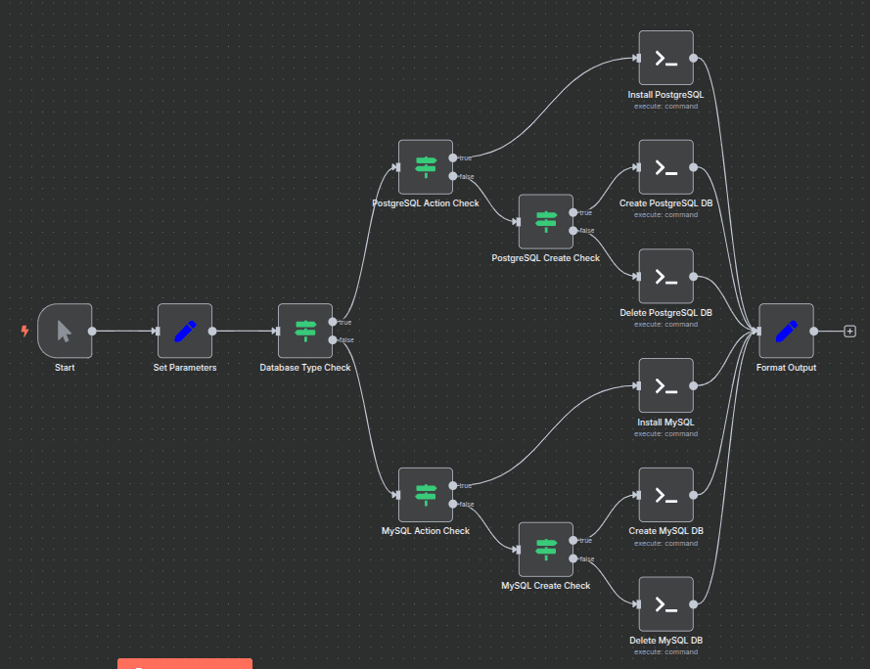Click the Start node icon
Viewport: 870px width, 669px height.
coord(65,331)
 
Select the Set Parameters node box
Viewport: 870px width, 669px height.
coord(185,331)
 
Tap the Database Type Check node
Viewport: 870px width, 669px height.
coord(305,331)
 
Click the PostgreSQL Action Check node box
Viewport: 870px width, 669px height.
coord(426,166)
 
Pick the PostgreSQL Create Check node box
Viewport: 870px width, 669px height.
coord(546,221)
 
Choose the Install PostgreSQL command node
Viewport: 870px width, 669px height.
coord(665,58)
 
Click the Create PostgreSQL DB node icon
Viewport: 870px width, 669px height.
coord(665,167)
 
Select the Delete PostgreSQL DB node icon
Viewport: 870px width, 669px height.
coord(665,276)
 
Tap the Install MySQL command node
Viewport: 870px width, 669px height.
coord(665,385)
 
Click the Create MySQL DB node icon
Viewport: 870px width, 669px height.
coord(665,495)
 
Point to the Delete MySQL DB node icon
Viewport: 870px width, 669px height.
coord(665,603)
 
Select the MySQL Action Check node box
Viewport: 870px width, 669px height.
coord(426,495)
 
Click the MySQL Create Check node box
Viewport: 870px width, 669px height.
coord(546,550)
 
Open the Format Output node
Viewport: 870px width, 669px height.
coord(786,331)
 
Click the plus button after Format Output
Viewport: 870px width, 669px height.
coord(849,331)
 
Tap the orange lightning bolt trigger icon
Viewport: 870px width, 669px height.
coord(25,331)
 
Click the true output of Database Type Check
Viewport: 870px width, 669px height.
coord(333,322)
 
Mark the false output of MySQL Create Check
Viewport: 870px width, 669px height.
coord(573,558)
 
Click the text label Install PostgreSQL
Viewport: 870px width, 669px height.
coord(665,95)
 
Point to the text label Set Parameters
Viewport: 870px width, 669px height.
coord(185,368)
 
